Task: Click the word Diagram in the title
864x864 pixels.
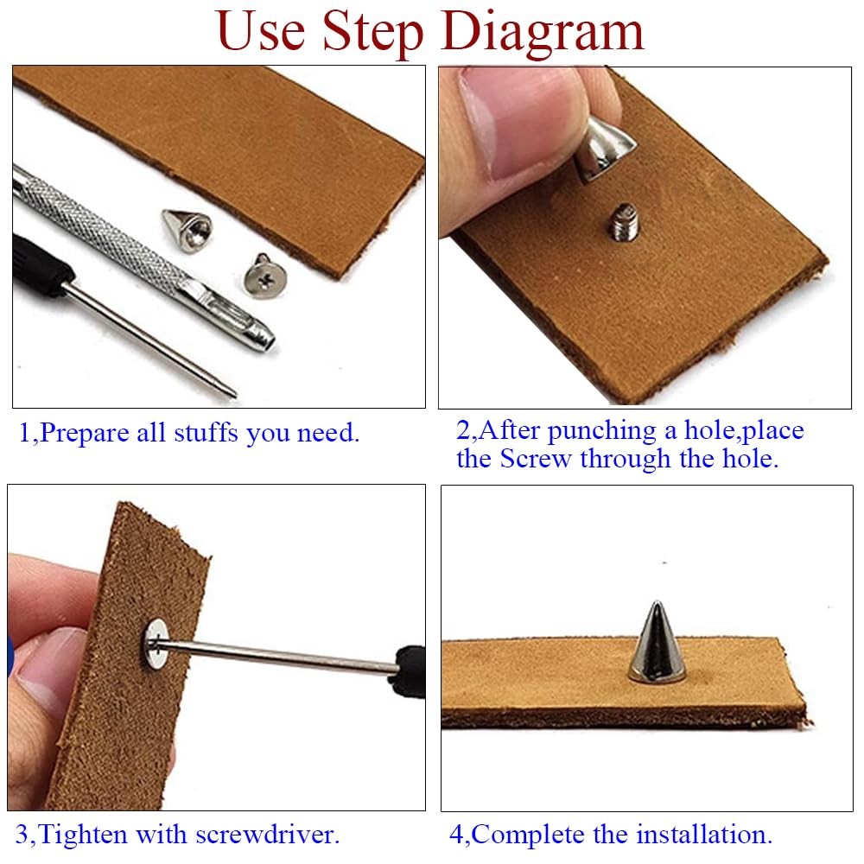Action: [x=543, y=33]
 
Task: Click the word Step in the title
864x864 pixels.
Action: [x=372, y=33]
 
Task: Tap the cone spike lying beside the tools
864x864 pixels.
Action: [x=187, y=231]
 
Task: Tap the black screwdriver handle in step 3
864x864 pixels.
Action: [x=410, y=671]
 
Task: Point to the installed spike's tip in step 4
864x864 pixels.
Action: [x=657, y=602]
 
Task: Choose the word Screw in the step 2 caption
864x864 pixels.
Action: [x=535, y=459]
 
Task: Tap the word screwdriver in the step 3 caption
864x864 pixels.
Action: [x=267, y=835]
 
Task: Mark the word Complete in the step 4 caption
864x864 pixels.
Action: [x=528, y=835]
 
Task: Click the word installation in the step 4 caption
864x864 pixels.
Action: [x=704, y=835]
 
